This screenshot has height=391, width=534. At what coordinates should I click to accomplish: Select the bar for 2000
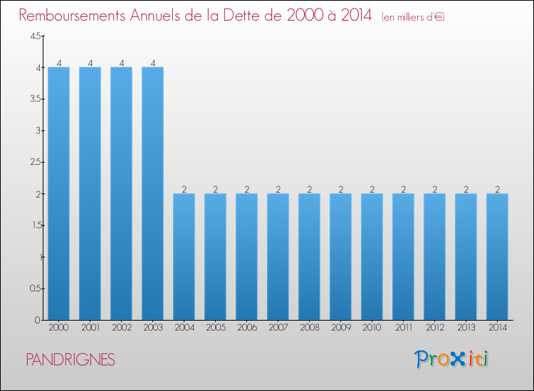(58, 193)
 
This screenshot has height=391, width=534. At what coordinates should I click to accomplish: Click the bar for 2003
(152, 193)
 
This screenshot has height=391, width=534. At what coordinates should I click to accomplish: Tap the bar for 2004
(184, 257)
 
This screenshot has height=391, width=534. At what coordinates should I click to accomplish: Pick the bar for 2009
(340, 257)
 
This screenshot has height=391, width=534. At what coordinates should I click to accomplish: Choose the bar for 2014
(497, 257)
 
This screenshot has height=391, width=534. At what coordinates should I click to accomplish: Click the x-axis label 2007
(278, 328)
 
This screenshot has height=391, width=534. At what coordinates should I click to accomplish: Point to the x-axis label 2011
(404, 328)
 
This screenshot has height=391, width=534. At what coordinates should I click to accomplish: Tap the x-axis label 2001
(90, 328)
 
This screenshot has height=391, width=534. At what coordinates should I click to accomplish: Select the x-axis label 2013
(466, 328)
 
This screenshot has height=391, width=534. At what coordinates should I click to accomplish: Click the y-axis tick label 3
(38, 131)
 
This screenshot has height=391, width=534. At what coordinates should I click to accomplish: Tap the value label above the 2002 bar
(122, 63)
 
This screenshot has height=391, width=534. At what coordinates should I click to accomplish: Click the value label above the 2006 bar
(247, 189)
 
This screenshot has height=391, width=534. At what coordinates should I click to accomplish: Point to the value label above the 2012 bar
(435, 189)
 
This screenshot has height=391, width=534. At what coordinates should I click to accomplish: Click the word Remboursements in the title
(72, 16)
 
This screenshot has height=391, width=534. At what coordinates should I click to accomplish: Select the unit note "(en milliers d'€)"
(413, 17)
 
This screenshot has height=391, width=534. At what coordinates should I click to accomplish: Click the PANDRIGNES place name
(70, 360)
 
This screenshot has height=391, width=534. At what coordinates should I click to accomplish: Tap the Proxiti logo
(451, 359)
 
